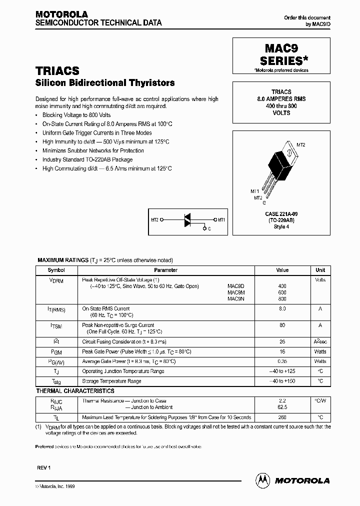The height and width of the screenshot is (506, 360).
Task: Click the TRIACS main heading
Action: [57, 71]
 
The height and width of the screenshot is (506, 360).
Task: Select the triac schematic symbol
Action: [188, 219]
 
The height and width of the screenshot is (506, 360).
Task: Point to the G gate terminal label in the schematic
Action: [209, 229]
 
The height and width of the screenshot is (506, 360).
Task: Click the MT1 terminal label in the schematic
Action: [221, 219]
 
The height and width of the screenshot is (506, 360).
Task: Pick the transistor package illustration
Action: [280, 164]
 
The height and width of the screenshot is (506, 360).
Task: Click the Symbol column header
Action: [56, 270]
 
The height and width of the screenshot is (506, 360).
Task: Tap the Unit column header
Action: [320, 270]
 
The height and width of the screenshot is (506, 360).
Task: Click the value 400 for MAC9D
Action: [282, 286]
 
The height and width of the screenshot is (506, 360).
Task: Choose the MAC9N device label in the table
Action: [235, 298]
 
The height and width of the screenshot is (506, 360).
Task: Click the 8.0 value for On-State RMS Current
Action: [282, 308]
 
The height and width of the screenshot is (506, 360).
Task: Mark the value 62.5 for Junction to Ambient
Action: [282, 407]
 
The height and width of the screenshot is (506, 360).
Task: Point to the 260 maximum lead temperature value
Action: [282, 417]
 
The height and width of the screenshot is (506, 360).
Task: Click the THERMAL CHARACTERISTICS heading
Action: [75, 391]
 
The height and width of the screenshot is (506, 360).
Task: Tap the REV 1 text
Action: [44, 467]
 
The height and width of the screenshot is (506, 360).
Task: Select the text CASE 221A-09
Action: [281, 213]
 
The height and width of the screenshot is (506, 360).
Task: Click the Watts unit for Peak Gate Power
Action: [320, 351]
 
